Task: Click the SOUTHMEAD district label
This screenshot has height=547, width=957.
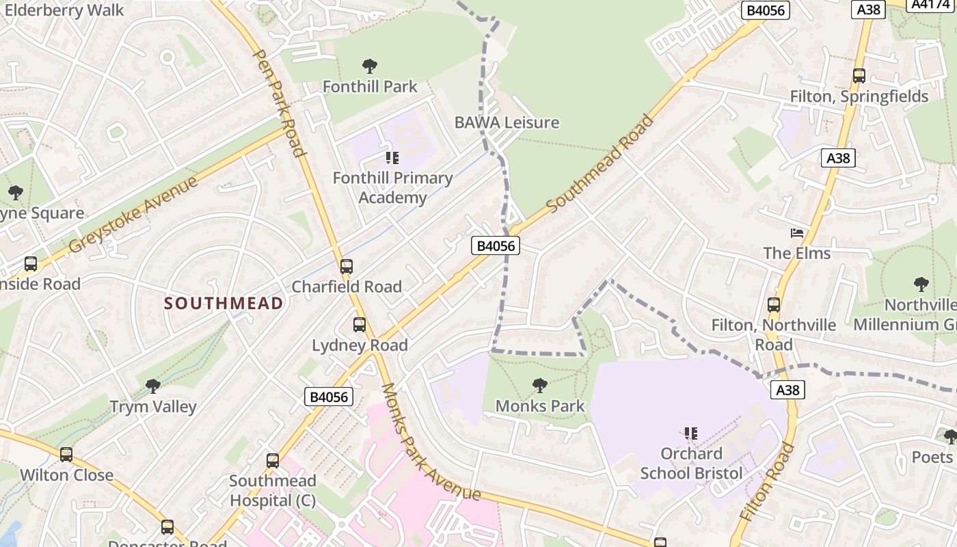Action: pyautogui.click(x=224, y=303)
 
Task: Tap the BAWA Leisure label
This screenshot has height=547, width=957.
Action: pyautogui.click(x=507, y=122)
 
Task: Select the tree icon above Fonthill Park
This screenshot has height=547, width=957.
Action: pyautogui.click(x=370, y=66)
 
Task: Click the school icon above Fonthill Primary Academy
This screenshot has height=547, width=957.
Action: pyautogui.click(x=392, y=158)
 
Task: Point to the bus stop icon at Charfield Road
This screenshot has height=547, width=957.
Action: pyautogui.click(x=347, y=267)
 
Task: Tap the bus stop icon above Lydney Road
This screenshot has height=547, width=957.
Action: pyautogui.click(x=360, y=325)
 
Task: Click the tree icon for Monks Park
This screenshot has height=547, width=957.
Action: pyautogui.click(x=539, y=386)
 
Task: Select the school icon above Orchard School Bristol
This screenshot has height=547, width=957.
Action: pyautogui.click(x=691, y=433)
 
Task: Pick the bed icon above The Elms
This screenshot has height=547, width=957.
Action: pyautogui.click(x=796, y=233)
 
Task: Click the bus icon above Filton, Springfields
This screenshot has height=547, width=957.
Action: pyautogui.click(x=859, y=76)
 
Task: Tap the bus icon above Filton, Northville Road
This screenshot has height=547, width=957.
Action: pyautogui.click(x=774, y=305)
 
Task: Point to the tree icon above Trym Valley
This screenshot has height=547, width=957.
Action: pyautogui.click(x=153, y=386)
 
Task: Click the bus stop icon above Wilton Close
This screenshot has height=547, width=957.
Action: pyautogui.click(x=66, y=455)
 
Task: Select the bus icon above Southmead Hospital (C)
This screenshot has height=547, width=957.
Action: pyautogui.click(x=273, y=461)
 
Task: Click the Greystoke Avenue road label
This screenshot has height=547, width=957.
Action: pyautogui.click(x=134, y=213)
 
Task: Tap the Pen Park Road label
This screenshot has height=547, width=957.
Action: pyautogui.click(x=279, y=103)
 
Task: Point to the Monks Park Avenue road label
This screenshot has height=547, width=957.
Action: pyautogui.click(x=431, y=442)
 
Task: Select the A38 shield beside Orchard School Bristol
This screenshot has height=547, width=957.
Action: pyautogui.click(x=787, y=390)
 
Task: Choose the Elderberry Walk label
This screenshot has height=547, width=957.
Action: pyautogui.click(x=64, y=10)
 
